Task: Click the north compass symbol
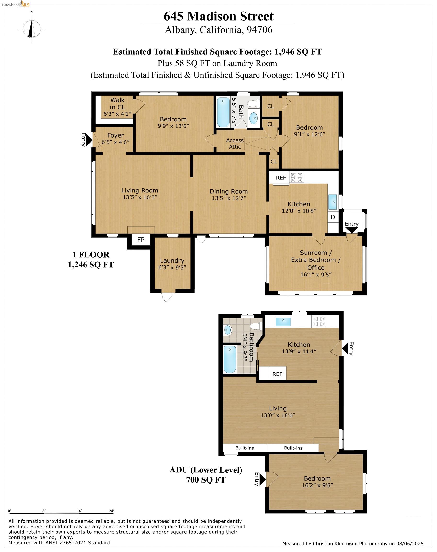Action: click(x=32, y=29)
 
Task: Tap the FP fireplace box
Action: click(x=141, y=239)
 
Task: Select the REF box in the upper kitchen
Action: click(x=281, y=178)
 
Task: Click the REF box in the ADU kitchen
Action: click(x=277, y=374)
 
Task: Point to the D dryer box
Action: click(x=333, y=217)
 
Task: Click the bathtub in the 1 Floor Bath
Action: click(x=223, y=112)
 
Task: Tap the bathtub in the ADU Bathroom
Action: click(x=230, y=359)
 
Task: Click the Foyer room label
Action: click(x=115, y=135)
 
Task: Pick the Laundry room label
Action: click(x=172, y=261)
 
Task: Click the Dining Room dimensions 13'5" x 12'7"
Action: click(x=229, y=198)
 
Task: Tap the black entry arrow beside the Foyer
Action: click(x=89, y=140)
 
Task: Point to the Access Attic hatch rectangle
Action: click(x=256, y=144)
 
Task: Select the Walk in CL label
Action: click(x=117, y=103)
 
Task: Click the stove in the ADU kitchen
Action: click(x=319, y=322)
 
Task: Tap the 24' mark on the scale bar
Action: click(x=111, y=511)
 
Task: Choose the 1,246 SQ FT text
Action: click(x=91, y=264)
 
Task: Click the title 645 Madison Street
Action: click(x=218, y=16)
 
